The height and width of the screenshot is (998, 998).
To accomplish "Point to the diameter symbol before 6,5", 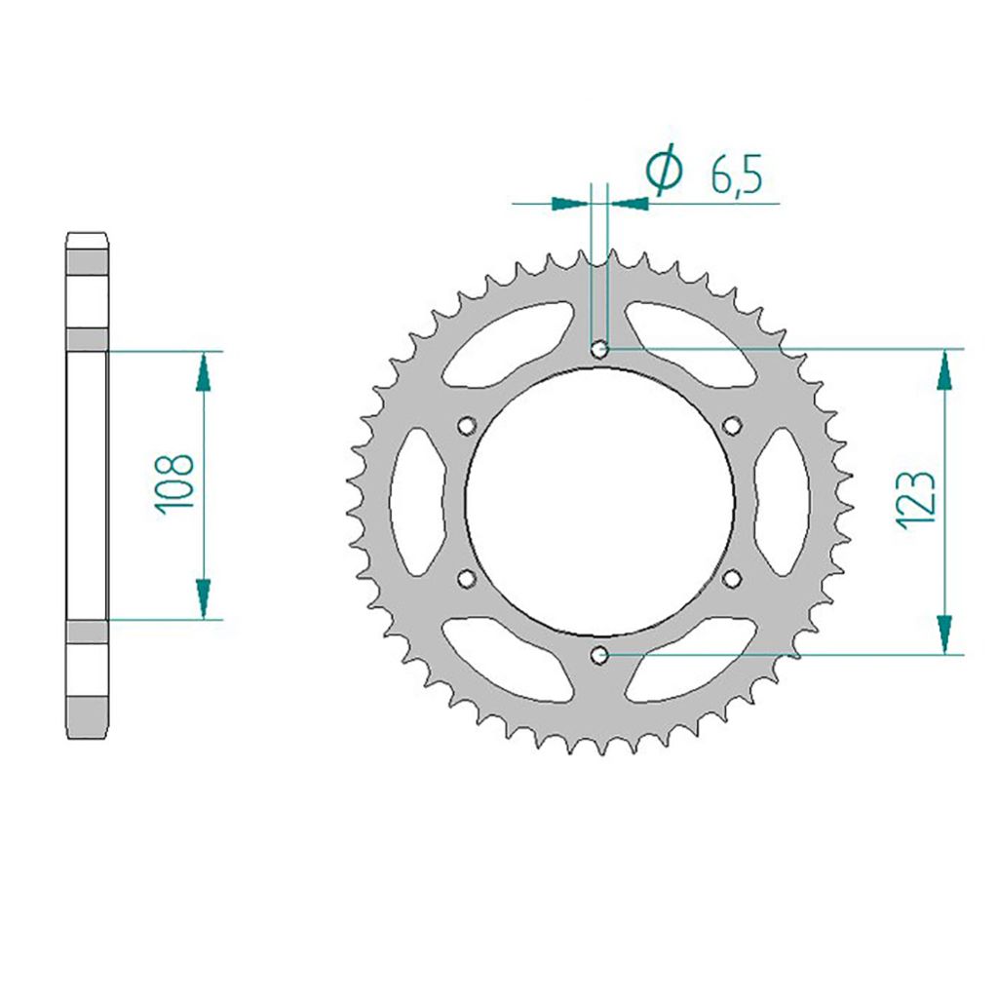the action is point(664,169).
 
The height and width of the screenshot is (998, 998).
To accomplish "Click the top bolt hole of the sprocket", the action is point(599,349).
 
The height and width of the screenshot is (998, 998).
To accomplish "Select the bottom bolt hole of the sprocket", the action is point(599,654).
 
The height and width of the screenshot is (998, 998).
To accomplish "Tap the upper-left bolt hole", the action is point(467,425).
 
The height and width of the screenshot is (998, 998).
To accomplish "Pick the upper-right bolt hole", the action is point(733,425).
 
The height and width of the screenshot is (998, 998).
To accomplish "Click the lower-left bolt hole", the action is point(467,578).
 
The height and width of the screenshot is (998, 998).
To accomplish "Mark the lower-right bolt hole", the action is point(733,578).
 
